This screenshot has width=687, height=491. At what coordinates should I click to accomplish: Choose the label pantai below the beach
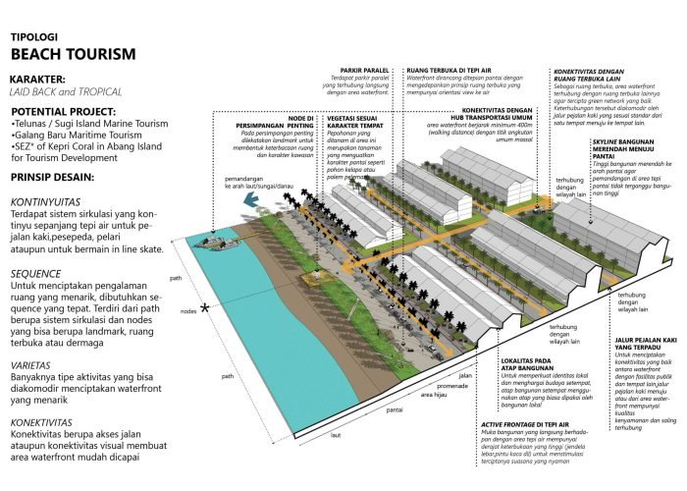coord(419,413)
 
